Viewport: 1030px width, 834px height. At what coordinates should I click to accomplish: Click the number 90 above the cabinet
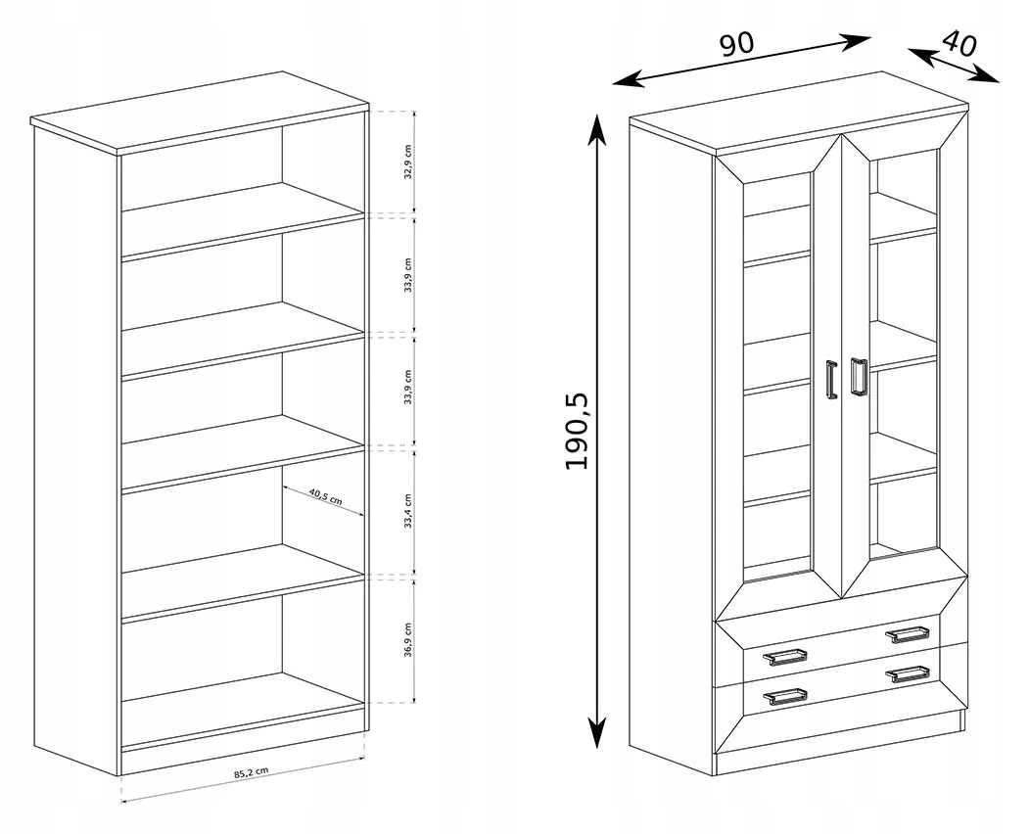click(x=735, y=44)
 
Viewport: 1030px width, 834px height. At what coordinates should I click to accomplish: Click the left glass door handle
click(x=832, y=380)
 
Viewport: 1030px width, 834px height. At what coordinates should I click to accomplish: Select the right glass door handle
click(x=859, y=377)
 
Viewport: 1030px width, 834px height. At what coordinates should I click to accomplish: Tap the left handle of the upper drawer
click(x=784, y=656)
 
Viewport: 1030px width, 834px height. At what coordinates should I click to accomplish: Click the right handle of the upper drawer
click(x=907, y=633)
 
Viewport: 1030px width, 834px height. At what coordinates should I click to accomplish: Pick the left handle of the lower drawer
click(x=784, y=696)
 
